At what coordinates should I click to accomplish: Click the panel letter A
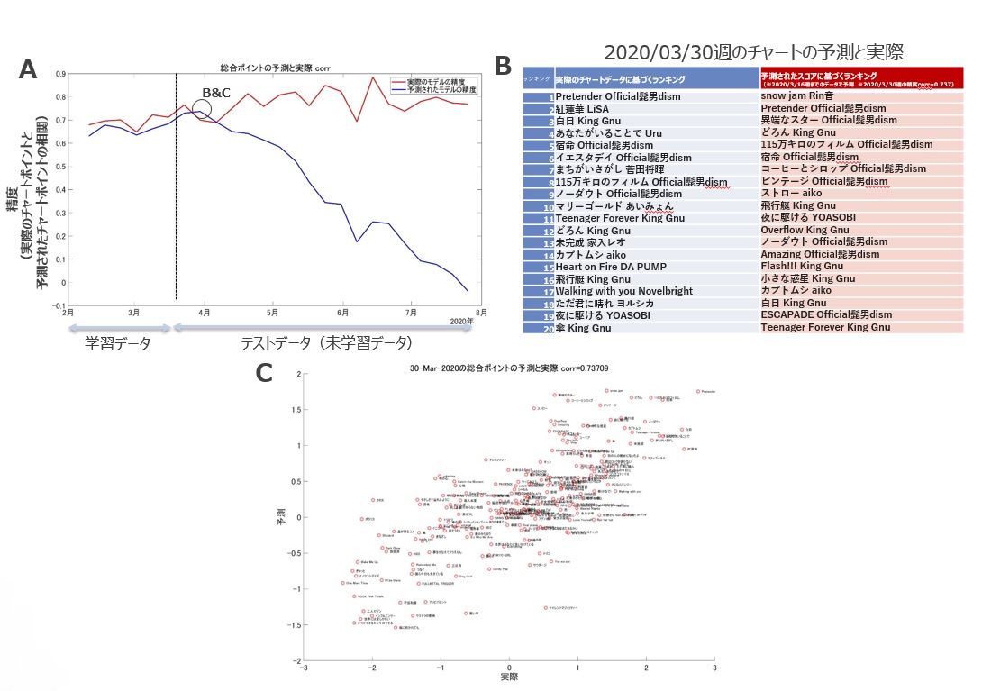tap(29, 70)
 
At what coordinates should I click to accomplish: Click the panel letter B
tap(503, 65)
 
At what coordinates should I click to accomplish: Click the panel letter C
tap(266, 372)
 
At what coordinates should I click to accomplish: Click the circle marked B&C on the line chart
tap(202, 109)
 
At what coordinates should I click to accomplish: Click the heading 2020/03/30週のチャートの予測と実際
tap(753, 51)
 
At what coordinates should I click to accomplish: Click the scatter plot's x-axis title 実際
tap(510, 675)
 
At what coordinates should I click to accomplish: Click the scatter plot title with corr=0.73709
tap(509, 368)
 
